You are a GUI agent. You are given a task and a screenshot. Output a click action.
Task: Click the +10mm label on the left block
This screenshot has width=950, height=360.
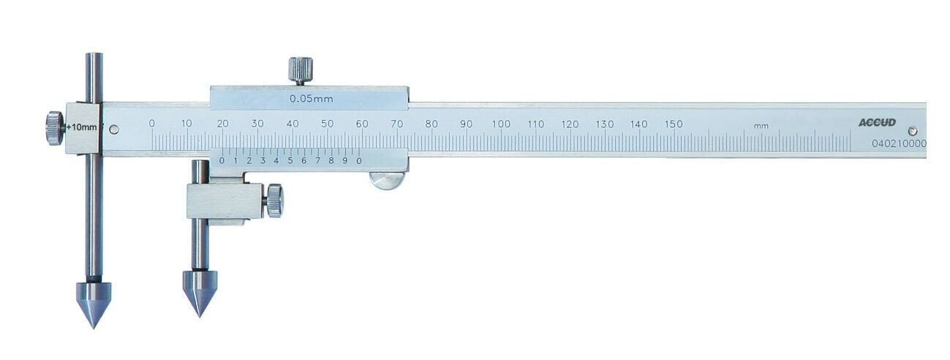pos(81,127)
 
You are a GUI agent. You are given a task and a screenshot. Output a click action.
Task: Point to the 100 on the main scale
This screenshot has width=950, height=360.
pos(501,124)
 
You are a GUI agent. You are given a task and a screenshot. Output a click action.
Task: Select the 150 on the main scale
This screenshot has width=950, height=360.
pos(674,124)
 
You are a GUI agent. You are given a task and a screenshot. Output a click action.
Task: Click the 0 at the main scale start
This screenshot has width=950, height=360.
pos(151,124)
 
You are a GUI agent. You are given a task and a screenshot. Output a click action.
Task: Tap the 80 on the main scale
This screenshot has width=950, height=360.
pos(431,124)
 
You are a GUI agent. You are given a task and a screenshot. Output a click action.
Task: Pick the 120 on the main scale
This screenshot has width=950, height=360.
pos(570,124)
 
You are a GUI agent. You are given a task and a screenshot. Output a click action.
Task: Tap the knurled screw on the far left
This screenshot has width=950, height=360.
pos(54,128)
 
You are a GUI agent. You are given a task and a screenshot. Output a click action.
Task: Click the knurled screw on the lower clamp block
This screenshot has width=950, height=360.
pos(274,200)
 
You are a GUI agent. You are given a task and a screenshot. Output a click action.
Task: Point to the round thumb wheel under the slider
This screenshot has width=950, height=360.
pos(387,181)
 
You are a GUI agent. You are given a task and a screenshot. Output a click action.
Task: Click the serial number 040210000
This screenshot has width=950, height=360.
pos(899,144)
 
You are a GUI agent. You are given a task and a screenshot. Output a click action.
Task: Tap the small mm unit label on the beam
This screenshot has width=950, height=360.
pos(761,127)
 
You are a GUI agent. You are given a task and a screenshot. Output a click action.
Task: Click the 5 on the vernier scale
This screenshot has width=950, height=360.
pos(290,161)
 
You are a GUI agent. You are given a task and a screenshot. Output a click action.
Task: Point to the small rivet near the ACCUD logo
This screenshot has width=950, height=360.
pos(911,130)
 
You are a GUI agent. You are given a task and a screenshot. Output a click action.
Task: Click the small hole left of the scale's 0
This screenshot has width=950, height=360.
pos(113,130)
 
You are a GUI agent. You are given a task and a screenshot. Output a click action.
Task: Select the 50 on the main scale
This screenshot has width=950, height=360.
pos(327,124)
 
